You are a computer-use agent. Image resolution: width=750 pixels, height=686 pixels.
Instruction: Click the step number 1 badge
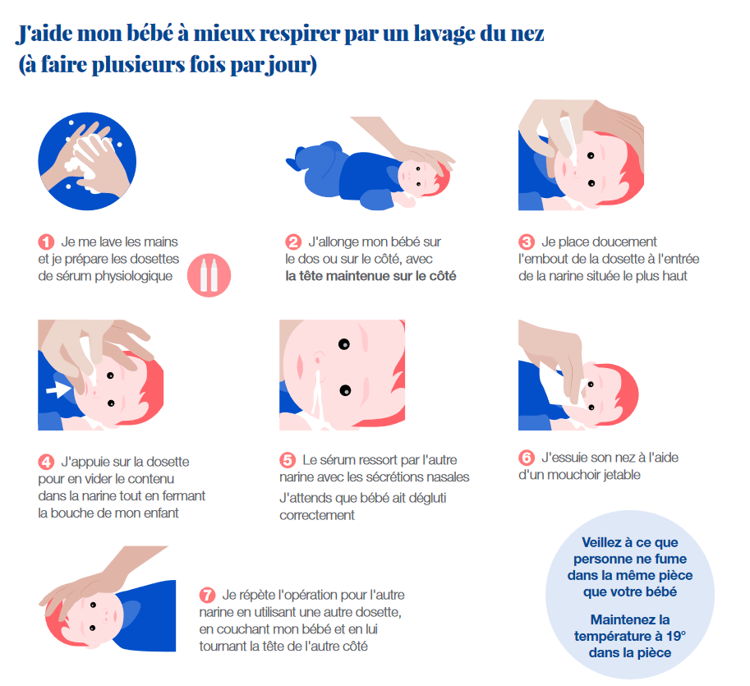(46, 242)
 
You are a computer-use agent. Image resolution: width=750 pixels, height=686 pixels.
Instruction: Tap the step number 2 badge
(293, 242)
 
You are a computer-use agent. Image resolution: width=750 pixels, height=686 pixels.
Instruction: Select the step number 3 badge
(527, 242)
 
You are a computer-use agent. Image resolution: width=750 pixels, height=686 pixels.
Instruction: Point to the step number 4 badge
(46, 462)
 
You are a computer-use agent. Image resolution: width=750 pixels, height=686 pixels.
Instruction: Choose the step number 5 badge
(288, 460)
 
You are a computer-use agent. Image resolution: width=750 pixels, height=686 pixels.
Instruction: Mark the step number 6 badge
(527, 458)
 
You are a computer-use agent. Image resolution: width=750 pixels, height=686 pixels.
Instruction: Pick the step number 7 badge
(207, 595)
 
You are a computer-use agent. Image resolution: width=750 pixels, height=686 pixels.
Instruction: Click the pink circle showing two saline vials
(209, 275)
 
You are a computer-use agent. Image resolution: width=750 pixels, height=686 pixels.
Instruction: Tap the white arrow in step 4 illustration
(58, 389)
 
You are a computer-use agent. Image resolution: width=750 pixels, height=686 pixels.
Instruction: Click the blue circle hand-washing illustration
(87, 161)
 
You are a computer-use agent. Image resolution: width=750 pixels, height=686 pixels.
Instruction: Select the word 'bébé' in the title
(150, 34)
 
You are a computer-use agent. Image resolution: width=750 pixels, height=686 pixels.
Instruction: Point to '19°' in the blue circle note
(676, 636)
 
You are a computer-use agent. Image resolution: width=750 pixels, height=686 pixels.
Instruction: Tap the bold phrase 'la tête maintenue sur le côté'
(370, 276)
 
